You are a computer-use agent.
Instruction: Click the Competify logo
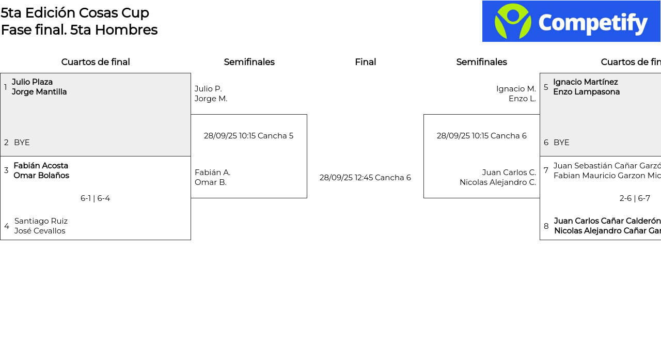point(571,21)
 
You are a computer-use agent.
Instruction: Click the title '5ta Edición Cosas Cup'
point(75,13)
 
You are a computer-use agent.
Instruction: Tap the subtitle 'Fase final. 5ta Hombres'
point(79,30)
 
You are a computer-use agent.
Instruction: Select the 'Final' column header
point(365,62)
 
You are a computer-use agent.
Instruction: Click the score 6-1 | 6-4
point(95,198)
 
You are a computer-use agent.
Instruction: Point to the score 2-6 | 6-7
point(635,198)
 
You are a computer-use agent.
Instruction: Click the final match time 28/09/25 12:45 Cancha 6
point(365,178)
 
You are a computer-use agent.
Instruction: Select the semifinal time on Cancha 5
point(248,136)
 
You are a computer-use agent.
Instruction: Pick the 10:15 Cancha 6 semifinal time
point(481,136)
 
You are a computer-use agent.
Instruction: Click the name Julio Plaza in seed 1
point(32,82)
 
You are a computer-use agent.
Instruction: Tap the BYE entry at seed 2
point(22,143)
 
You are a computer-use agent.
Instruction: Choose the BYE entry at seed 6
point(561,143)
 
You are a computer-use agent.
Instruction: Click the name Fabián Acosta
point(41,166)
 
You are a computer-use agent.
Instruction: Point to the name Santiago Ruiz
point(41,221)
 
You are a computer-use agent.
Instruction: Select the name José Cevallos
point(40,231)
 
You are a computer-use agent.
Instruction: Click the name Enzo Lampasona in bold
point(586,92)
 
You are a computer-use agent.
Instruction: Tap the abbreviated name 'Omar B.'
point(211,182)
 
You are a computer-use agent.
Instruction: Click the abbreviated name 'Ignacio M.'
point(516,89)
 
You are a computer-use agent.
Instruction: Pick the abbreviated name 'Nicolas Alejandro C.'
point(498,182)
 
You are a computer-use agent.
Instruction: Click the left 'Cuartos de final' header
point(96,62)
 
